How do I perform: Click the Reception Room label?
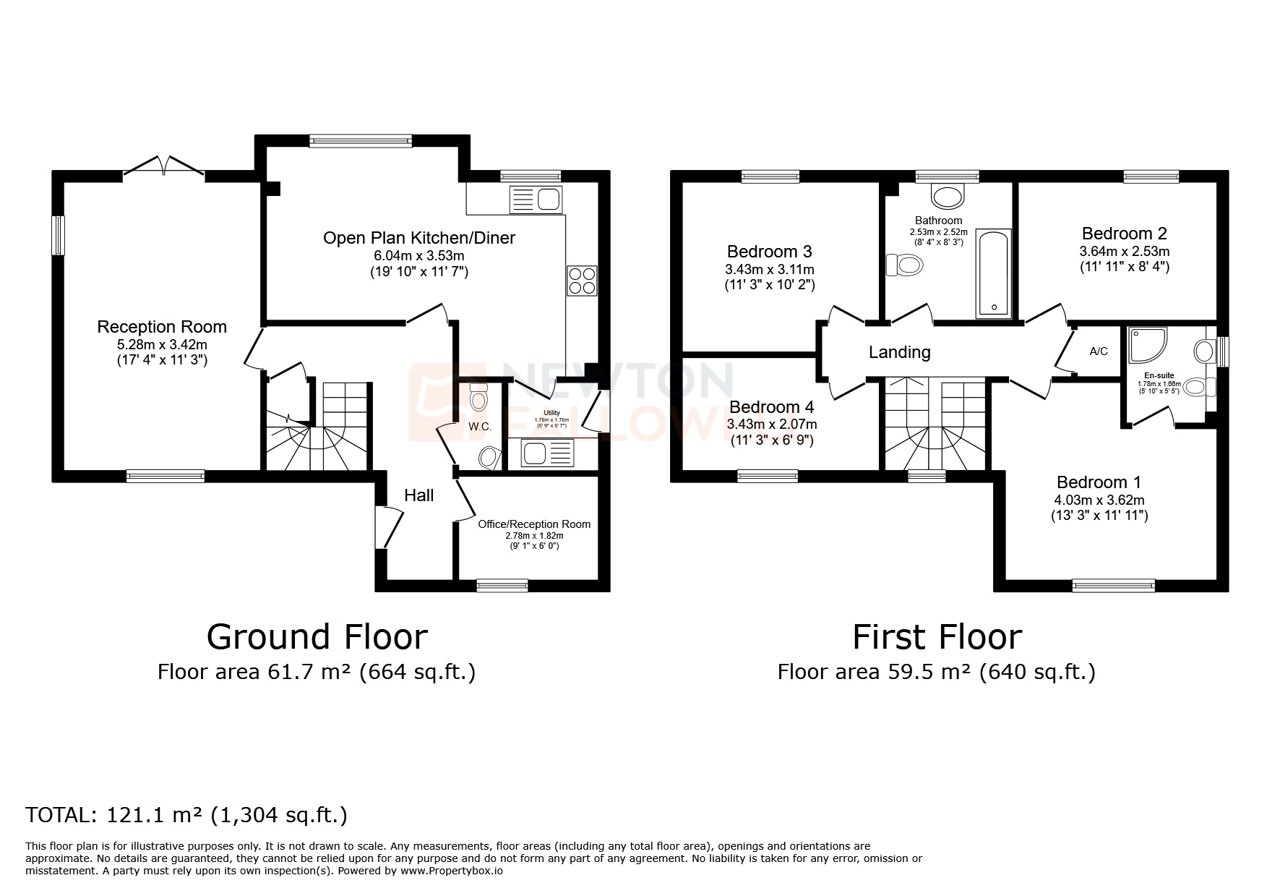(x=162, y=327)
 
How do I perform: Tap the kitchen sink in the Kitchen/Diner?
(x=536, y=198)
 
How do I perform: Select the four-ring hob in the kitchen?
(x=582, y=281)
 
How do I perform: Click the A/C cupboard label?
(x=1098, y=351)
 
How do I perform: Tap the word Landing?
(x=899, y=352)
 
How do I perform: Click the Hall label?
(x=418, y=495)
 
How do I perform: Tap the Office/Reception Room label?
(x=534, y=524)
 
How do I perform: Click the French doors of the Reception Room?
(x=163, y=166)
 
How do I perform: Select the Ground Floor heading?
(x=317, y=637)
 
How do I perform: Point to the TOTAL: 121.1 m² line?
(x=186, y=816)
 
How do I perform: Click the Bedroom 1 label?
(x=1099, y=482)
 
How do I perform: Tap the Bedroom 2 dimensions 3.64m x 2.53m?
(x=1124, y=252)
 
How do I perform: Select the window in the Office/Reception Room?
(x=502, y=586)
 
